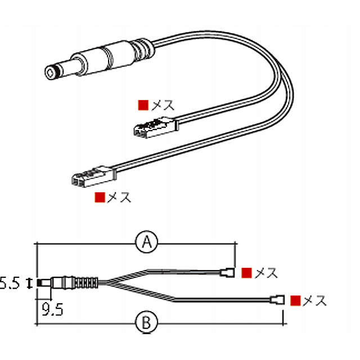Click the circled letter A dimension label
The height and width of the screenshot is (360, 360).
(147, 242)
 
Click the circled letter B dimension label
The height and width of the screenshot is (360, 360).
(147, 322)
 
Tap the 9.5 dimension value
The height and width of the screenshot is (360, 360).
(52, 309)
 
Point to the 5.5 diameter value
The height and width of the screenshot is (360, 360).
(10, 283)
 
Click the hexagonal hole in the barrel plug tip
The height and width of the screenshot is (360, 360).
(50, 73)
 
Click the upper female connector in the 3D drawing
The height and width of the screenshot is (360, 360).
(156, 128)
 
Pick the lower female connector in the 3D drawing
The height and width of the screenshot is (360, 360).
(94, 176)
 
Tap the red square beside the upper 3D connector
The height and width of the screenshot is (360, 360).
(143, 105)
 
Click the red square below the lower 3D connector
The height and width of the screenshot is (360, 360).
(100, 197)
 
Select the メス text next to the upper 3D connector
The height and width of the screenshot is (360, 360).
(163, 105)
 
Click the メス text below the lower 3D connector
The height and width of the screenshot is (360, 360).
(119, 197)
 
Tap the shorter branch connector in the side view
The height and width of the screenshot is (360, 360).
(227, 273)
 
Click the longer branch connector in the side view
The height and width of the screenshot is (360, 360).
(277, 300)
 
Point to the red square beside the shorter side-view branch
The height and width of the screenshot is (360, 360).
(247, 273)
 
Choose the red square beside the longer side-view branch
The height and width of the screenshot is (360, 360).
(295, 300)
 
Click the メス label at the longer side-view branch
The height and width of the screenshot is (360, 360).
(314, 300)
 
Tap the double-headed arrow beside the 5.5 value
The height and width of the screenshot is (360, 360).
(29, 283)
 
